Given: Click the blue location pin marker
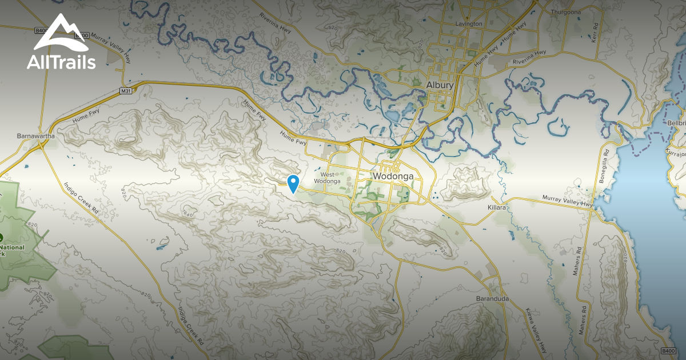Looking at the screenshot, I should click(x=294, y=183).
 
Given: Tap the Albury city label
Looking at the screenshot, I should click(x=440, y=85).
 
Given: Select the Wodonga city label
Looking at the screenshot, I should click(x=393, y=176).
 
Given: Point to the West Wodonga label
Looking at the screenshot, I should click(x=330, y=178).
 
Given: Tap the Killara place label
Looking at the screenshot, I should click(x=497, y=207).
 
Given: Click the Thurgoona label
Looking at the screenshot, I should click(x=565, y=11).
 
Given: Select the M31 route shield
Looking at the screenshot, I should click(x=126, y=91).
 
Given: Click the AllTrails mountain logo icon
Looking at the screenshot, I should click(x=61, y=35).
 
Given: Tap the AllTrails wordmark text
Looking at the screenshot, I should click(x=61, y=62).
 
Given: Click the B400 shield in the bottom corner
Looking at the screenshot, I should click(x=668, y=350).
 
